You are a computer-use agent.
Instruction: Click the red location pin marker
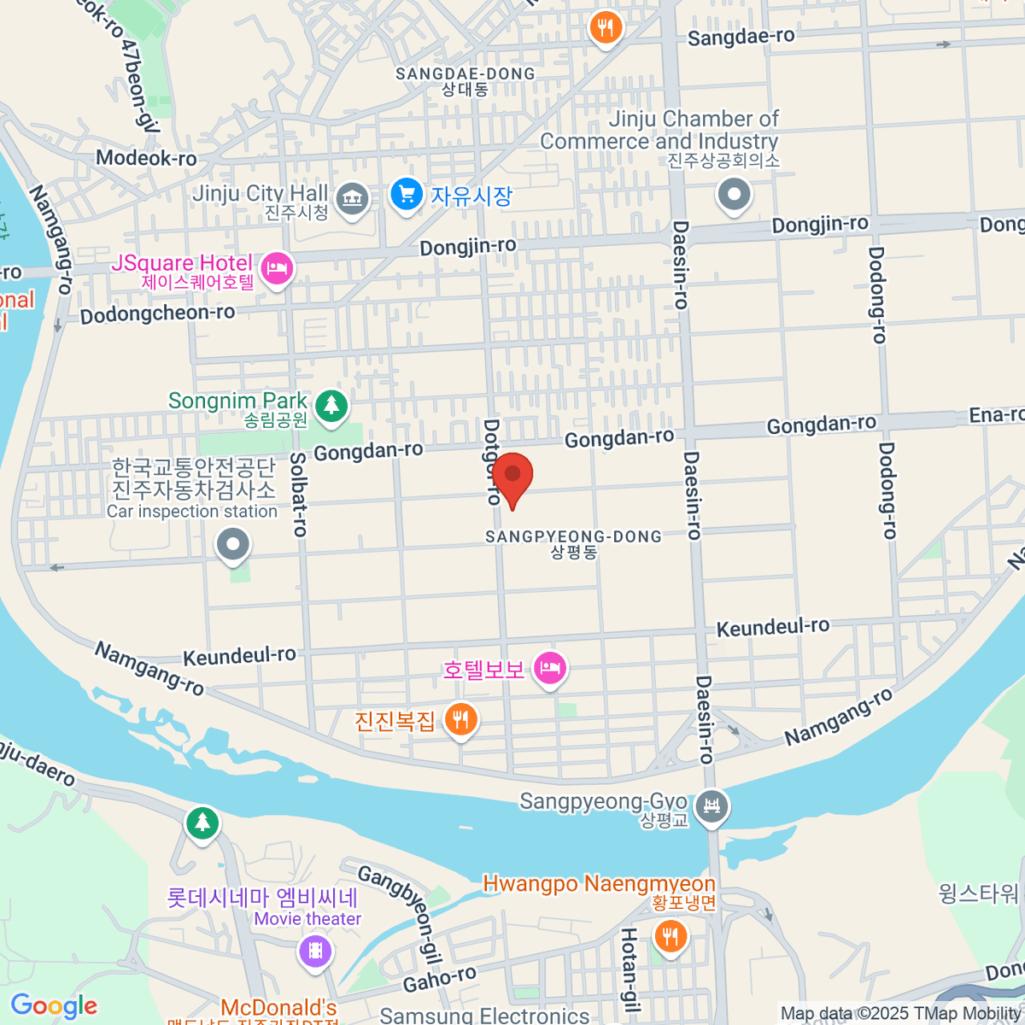(x=512, y=475)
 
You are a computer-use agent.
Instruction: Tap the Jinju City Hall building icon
(x=351, y=199)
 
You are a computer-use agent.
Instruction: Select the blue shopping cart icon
(x=407, y=195)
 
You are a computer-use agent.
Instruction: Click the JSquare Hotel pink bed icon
(x=276, y=268)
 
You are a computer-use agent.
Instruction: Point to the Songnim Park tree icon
(x=331, y=405)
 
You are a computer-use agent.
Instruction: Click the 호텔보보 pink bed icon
(x=550, y=668)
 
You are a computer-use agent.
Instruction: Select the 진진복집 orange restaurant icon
(x=461, y=719)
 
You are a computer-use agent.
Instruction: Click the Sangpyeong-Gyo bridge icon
(x=712, y=805)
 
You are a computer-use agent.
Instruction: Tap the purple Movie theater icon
(x=315, y=950)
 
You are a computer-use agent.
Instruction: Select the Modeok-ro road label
(x=146, y=158)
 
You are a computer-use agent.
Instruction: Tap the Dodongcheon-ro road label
(x=157, y=314)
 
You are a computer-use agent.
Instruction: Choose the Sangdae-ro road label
(x=741, y=38)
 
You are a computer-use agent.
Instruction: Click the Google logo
(x=55, y=1005)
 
